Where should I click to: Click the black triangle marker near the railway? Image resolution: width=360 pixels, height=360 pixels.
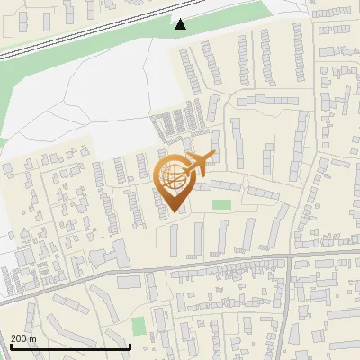pyautogui.click(x=181, y=24)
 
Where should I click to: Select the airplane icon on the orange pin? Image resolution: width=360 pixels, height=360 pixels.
pyautogui.click(x=201, y=164)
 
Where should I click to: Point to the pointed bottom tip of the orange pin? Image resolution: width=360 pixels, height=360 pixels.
pyautogui.click(x=175, y=211)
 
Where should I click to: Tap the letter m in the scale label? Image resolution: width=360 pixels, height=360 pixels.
pyautogui.click(x=34, y=338)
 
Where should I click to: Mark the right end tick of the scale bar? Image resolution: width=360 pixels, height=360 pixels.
pyautogui.click(x=130, y=346)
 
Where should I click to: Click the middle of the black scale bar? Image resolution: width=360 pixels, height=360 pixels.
pyautogui.click(x=70, y=346)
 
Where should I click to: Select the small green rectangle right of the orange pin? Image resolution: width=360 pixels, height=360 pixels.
pyautogui.click(x=220, y=205)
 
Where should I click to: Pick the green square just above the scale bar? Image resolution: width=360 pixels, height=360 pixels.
pyautogui.click(x=138, y=325)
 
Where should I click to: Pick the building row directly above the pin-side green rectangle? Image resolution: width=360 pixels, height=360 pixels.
pyautogui.click(x=220, y=186)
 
